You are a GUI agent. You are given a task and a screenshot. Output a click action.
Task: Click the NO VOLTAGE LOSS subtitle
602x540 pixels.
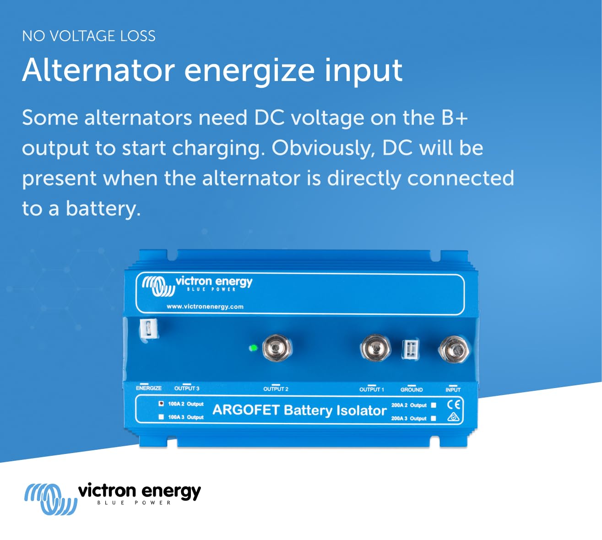click(89, 36)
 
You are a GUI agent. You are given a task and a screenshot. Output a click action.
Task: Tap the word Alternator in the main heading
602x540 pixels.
click(98, 71)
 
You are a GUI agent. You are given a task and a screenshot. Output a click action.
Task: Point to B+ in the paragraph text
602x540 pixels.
click(454, 118)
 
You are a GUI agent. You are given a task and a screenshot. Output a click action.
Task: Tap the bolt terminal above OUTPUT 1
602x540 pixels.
click(375, 348)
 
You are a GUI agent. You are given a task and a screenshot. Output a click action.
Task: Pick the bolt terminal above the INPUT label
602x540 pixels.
click(454, 350)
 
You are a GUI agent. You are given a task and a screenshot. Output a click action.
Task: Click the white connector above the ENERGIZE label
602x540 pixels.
click(149, 329)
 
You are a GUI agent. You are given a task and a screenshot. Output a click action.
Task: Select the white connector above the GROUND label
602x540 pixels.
click(410, 350)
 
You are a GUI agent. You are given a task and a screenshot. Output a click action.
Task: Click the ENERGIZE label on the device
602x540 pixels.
click(149, 388)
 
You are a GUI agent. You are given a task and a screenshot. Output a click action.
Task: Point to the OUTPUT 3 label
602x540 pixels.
click(187, 389)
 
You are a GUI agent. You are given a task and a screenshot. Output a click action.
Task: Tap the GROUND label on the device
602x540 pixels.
click(412, 389)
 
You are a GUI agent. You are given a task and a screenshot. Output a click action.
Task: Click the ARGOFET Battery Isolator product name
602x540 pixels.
click(299, 410)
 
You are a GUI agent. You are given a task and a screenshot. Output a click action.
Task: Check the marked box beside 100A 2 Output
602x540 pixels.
click(161, 404)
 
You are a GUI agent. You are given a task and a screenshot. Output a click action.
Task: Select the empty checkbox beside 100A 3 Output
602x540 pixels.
click(161, 417)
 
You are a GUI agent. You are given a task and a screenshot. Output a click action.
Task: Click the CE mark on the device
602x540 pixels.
click(453, 405)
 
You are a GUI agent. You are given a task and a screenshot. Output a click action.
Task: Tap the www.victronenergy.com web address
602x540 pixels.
click(205, 307)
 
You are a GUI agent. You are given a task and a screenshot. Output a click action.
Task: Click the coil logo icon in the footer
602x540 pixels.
click(50, 499)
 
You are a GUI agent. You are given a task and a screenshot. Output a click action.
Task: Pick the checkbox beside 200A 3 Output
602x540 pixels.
click(434, 418)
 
